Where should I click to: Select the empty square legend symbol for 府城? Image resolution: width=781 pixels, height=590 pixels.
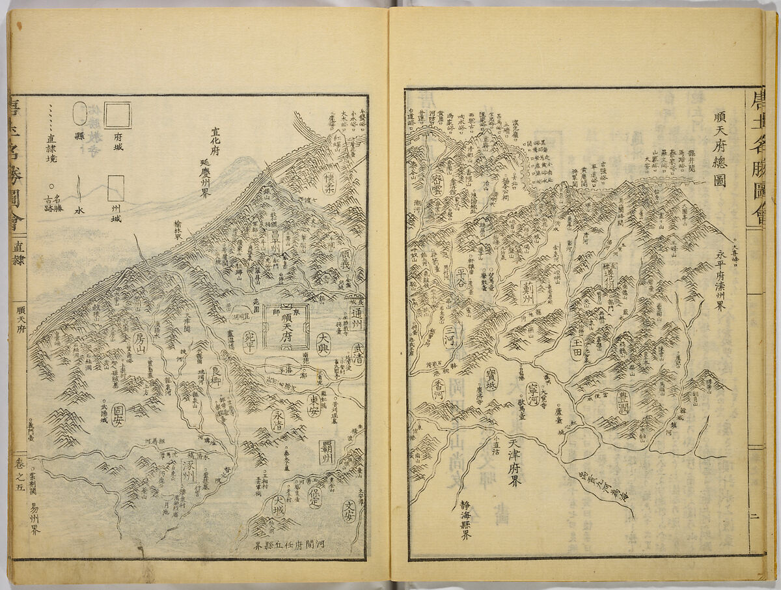click(x=118, y=115)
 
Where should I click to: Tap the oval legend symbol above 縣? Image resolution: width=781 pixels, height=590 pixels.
click(x=79, y=113)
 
